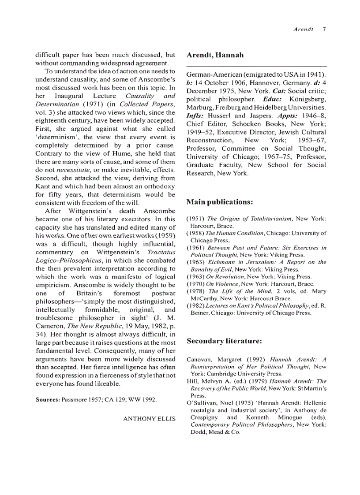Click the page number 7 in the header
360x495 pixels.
point(324,30)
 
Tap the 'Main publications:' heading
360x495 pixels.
point(219,202)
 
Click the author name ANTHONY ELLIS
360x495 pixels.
point(149,418)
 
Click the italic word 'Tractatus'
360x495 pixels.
point(161,253)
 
